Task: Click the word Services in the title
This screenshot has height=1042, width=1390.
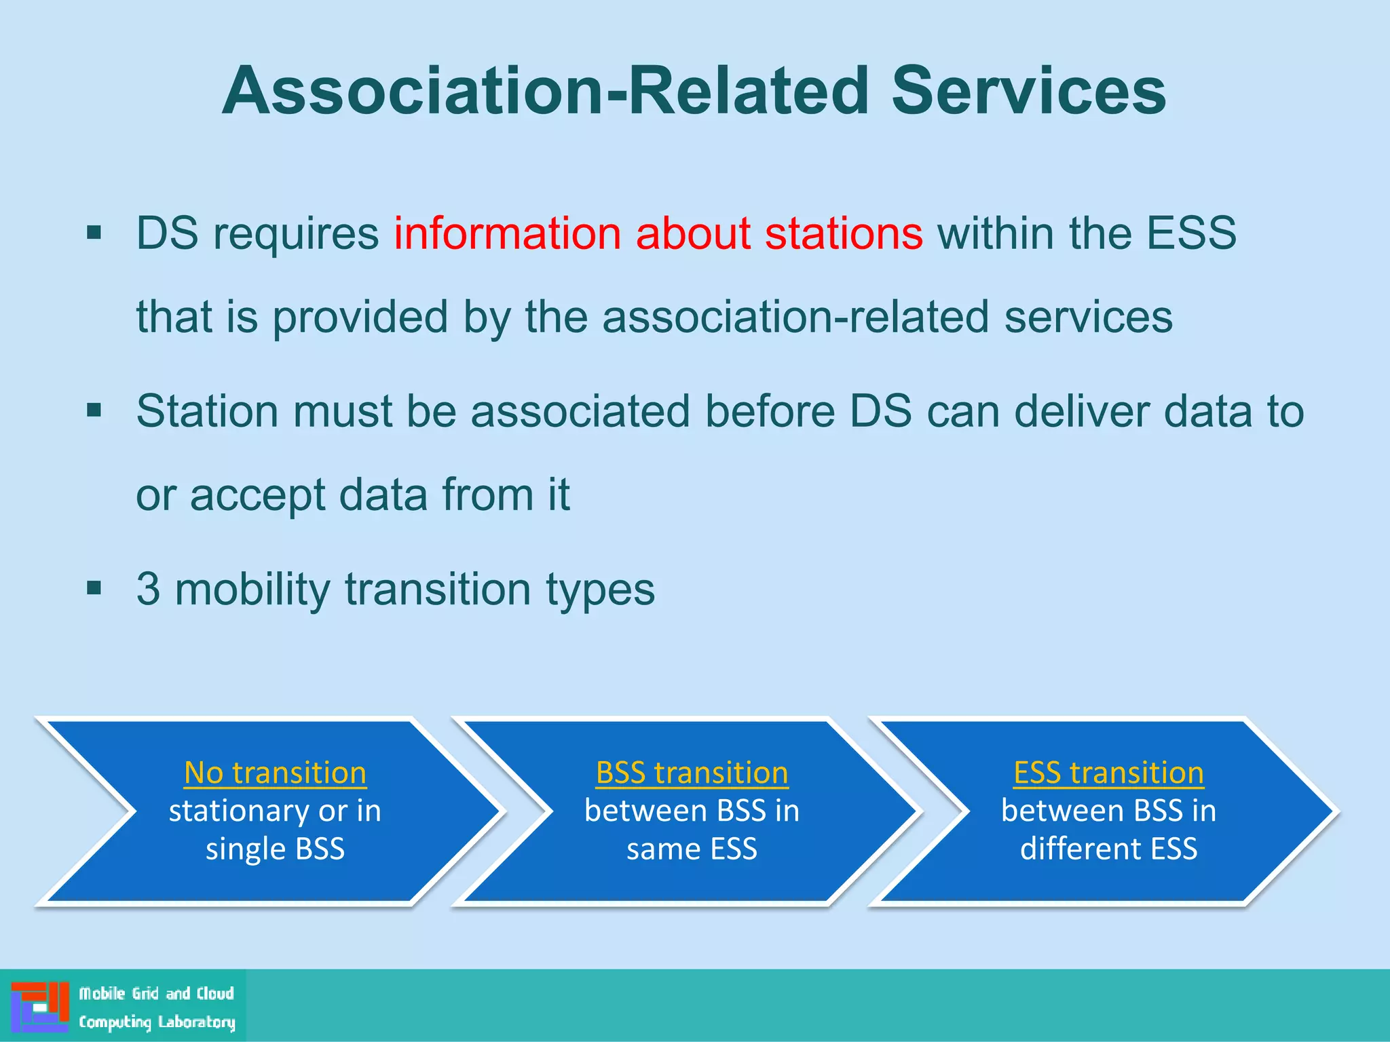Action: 1028,91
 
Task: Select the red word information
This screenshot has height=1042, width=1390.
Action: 507,233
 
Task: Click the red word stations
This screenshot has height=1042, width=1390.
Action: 844,233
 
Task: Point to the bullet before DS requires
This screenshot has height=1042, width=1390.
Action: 94,233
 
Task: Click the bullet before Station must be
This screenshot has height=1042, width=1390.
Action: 94,410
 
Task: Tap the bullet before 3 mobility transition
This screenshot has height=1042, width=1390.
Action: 94,587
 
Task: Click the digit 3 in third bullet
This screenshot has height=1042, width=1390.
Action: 148,588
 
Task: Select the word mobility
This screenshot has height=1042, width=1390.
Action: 252,588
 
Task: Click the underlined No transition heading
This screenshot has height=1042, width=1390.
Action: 275,773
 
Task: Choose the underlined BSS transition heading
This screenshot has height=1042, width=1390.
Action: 692,773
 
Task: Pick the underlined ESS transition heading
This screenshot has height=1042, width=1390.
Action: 1108,773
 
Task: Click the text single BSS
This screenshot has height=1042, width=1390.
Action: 275,849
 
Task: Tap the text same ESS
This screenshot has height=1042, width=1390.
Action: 692,849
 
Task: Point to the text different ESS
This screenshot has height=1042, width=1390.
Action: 1108,849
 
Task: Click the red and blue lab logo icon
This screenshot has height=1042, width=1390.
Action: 39,1006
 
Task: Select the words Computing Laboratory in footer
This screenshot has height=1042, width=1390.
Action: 157,1022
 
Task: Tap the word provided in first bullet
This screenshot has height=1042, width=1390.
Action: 360,317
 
